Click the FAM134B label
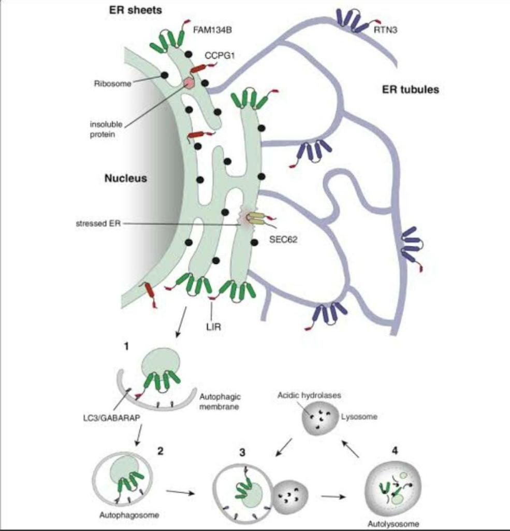click(x=212, y=30)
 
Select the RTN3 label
click(x=385, y=30)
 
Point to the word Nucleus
click(x=126, y=179)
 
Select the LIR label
click(x=213, y=327)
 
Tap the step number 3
click(x=242, y=452)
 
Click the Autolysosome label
click(x=393, y=523)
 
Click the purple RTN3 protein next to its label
click(x=349, y=21)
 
